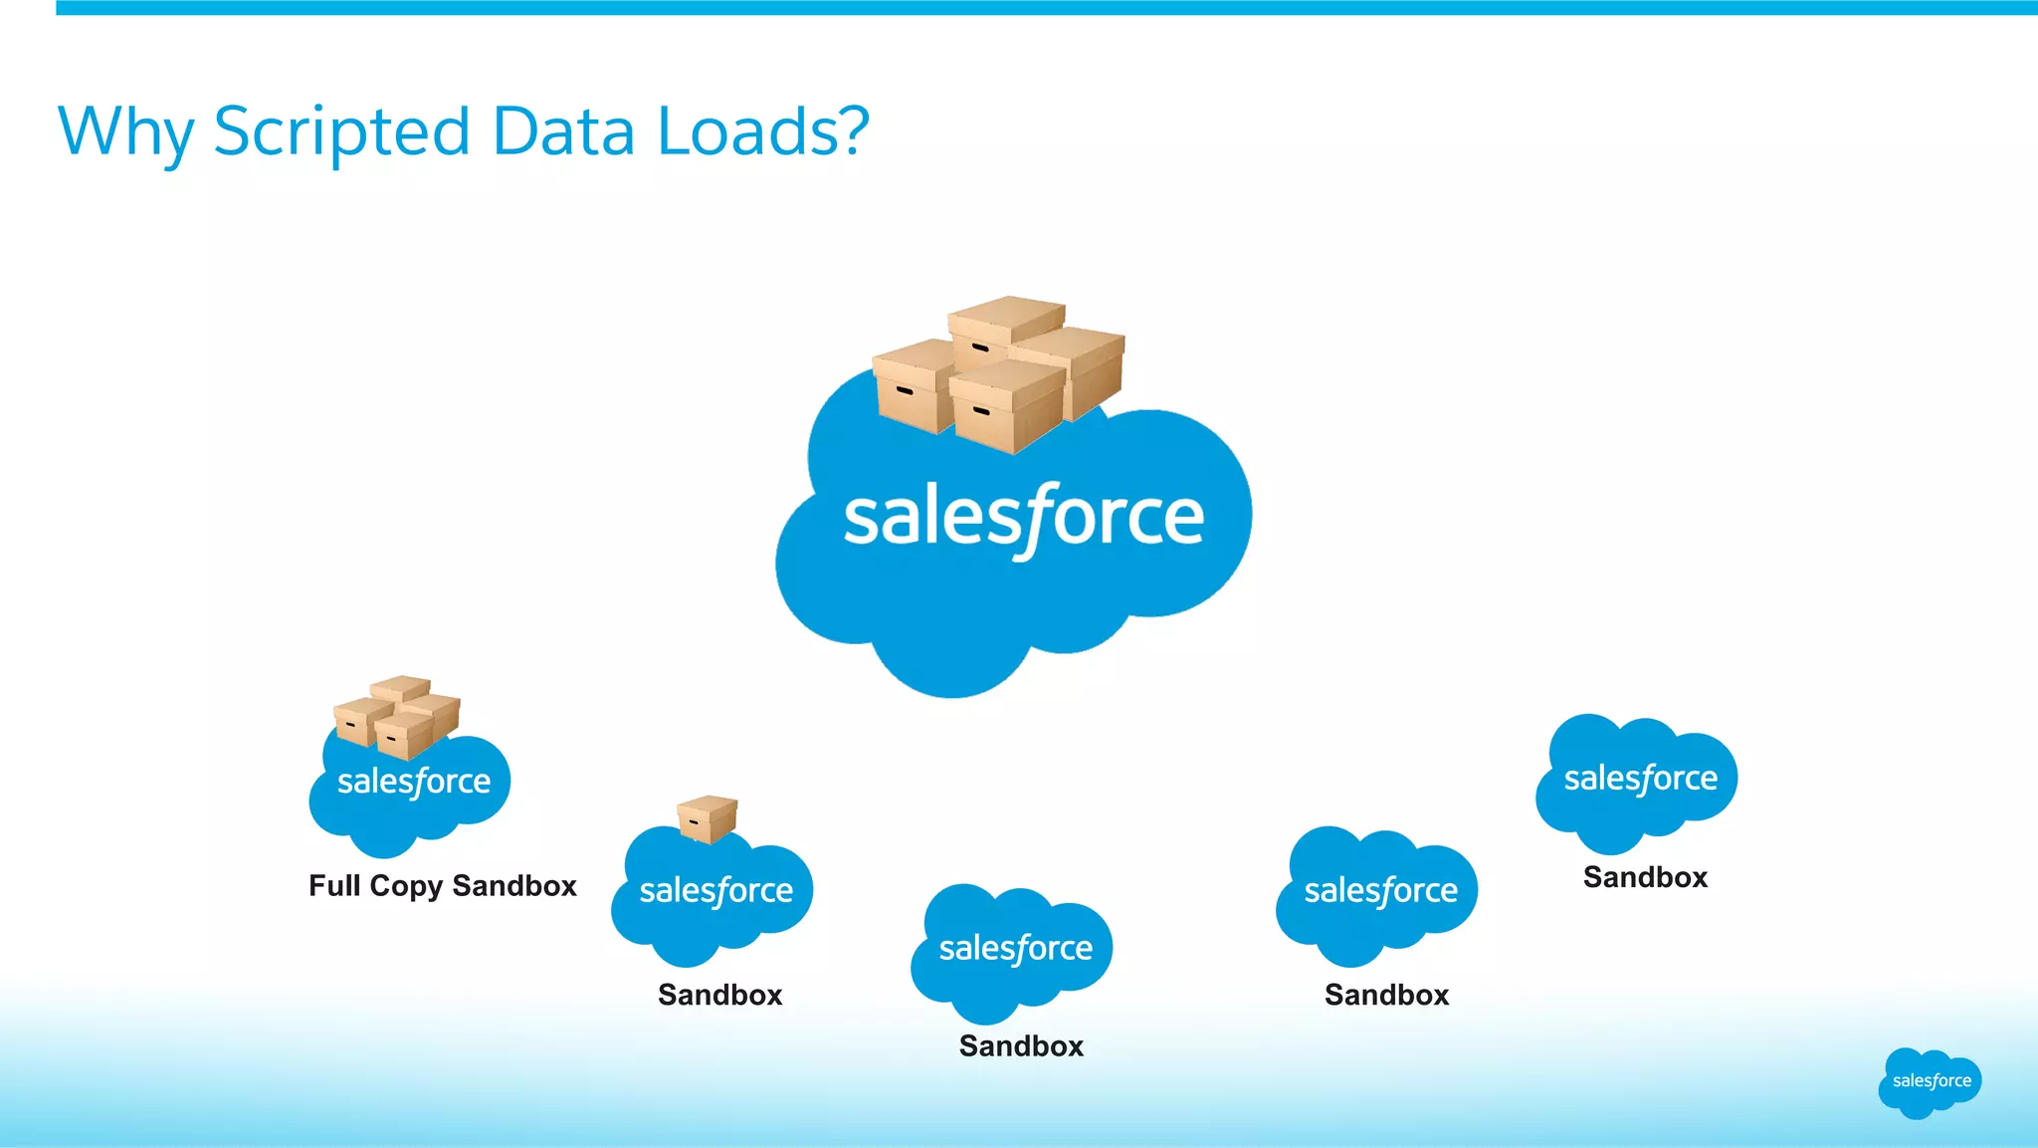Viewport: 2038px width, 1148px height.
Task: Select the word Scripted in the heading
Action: (x=341, y=131)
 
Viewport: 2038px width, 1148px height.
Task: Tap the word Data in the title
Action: (x=563, y=131)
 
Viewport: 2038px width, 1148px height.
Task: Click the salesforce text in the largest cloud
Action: (x=1023, y=518)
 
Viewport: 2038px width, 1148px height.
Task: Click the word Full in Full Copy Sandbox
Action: (x=334, y=885)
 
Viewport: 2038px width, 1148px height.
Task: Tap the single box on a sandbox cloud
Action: (x=708, y=818)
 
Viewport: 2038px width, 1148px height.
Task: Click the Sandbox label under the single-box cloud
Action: (x=719, y=995)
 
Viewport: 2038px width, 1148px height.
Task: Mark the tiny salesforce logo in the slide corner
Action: (x=1930, y=1082)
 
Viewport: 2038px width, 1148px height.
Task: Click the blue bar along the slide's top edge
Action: (x=1045, y=7)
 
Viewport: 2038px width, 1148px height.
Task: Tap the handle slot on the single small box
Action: (x=694, y=822)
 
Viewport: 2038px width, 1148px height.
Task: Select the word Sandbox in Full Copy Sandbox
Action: (x=514, y=885)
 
